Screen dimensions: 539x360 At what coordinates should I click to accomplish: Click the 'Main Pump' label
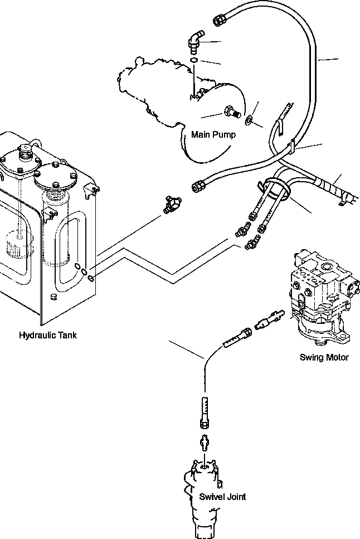coord(213,135)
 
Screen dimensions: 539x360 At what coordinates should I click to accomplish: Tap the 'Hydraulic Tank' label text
coord(48,336)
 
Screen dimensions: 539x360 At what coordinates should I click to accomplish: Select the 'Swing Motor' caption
coord(324,357)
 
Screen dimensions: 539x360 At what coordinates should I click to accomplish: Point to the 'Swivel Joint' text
coord(223,497)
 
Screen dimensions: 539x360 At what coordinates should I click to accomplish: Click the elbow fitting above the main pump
coord(194,41)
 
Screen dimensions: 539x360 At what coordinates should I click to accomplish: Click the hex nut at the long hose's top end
coord(218,21)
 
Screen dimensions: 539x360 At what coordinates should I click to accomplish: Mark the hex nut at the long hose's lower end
coord(198,187)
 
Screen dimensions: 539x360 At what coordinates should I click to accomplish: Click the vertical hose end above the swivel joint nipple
coord(204,413)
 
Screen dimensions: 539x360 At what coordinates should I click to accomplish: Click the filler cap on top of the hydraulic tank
coord(25,153)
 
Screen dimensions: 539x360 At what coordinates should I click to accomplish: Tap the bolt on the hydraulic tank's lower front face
coord(53,298)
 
